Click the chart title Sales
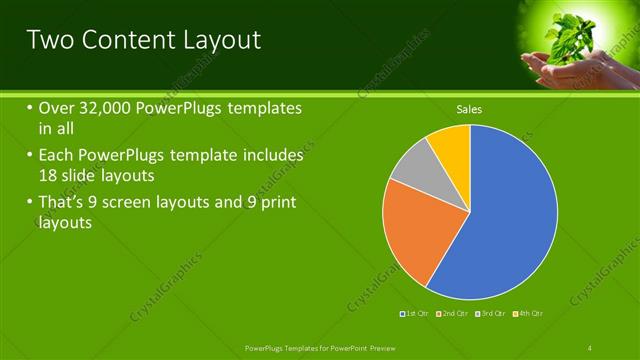tap(469, 108)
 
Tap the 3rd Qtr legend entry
tap(494, 314)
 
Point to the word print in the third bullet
tap(275, 203)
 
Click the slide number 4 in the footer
tap(590, 347)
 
